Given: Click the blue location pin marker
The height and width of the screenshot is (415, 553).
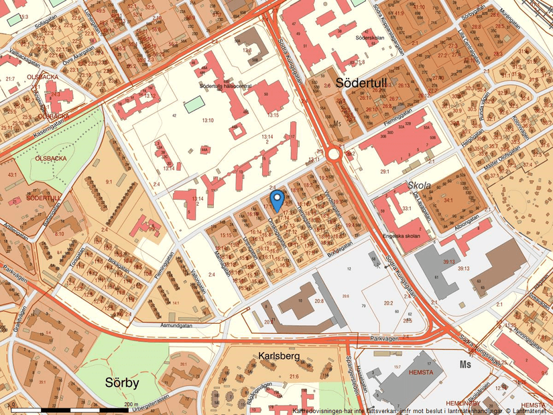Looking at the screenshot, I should pyautogui.click(x=276, y=199).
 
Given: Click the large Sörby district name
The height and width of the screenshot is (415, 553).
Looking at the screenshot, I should pyautogui.click(x=122, y=383).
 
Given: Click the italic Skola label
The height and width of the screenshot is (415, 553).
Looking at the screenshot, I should pyautogui.click(x=418, y=185).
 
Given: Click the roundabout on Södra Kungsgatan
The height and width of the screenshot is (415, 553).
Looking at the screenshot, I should pyautogui.click(x=334, y=155).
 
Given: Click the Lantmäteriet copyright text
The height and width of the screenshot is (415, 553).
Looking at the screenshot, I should pyautogui.click(x=526, y=410).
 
